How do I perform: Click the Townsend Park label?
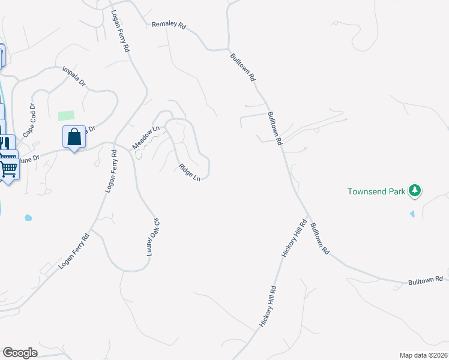coord(376,192)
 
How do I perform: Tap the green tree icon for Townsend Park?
coord(414,191)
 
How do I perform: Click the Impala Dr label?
coord(75,77)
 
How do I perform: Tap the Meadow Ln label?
coord(146,137)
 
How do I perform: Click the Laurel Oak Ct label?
coord(154,237)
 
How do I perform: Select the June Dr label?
coord(28,159)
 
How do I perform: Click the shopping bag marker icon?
coord(74,137)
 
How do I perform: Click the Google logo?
coord(20,353)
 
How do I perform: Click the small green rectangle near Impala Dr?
coord(66,115)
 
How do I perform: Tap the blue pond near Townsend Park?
coord(412,214)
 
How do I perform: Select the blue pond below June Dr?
coord(27,217)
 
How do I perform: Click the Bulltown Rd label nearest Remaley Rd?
coord(243,68)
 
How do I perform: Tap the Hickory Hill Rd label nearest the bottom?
coord(268,306)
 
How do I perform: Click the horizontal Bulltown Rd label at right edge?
coord(425,280)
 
